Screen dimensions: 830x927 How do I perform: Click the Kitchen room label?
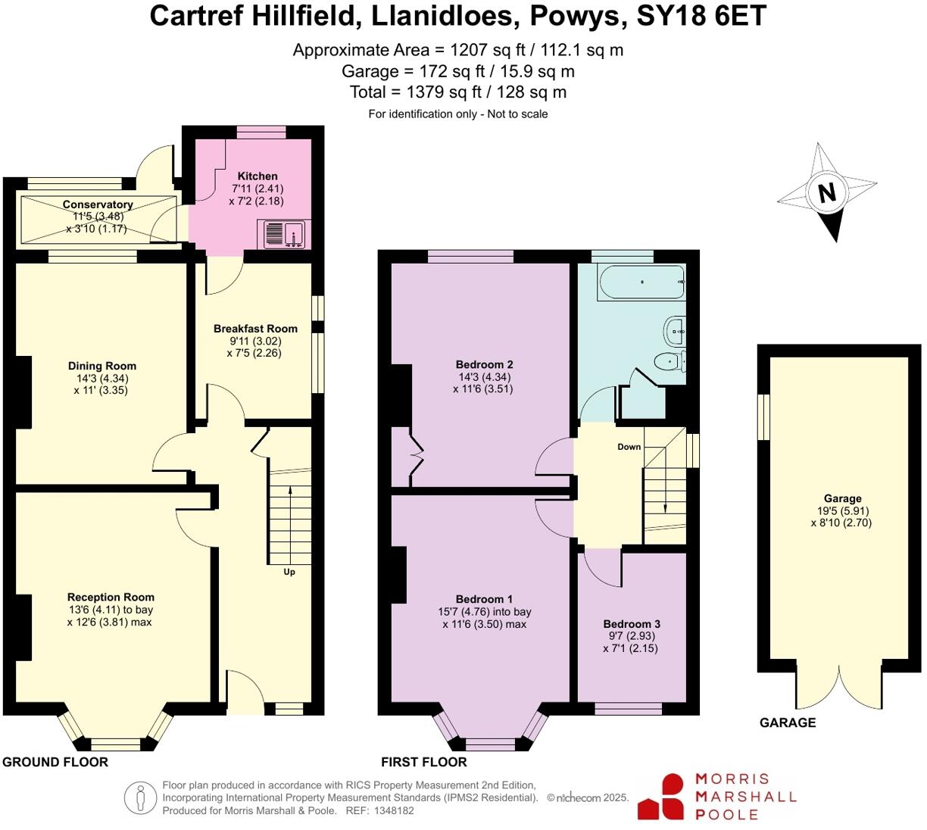[257, 176]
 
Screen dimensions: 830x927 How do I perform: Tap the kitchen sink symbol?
[284, 234]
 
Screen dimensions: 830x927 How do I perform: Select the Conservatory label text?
[98, 204]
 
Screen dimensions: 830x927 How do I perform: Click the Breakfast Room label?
[255, 329]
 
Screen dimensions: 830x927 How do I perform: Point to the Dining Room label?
[102, 366]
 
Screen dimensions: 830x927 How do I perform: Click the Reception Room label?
[111, 597]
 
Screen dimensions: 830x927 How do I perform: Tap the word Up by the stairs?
[289, 572]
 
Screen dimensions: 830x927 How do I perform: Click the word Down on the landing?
[629, 447]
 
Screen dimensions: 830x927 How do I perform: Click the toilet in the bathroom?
[669, 362]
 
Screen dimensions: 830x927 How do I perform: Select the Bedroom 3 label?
[632, 624]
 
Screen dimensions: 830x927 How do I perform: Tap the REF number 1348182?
[391, 810]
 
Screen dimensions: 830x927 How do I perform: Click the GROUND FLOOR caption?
[55, 762]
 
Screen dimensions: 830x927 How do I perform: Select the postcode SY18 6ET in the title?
[701, 17]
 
